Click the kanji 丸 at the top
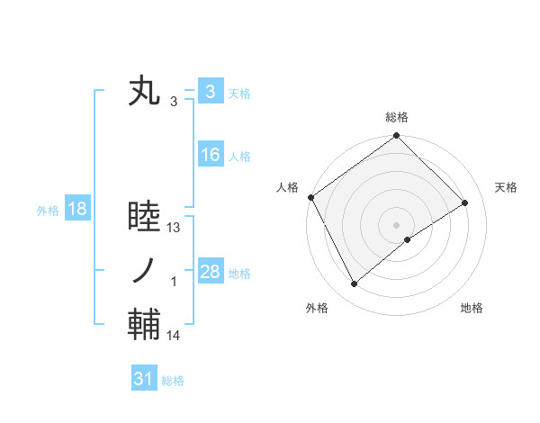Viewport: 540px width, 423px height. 144,93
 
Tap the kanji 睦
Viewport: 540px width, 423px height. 144,218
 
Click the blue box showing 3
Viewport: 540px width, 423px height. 210,92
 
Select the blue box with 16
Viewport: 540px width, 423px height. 210,155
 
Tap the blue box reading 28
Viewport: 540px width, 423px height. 210,272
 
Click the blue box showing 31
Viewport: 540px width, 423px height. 144,379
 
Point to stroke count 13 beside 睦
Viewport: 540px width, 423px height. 175,228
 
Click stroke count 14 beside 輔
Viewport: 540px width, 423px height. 175,336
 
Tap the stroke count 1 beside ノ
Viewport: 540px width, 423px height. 175,282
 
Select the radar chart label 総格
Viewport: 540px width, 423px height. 397,117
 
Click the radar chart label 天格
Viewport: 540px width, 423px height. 507,187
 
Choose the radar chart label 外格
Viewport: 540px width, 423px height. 317,308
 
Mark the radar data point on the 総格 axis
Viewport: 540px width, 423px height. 397,137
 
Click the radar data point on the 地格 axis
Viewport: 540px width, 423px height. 408,239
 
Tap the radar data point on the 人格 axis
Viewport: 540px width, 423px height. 310,197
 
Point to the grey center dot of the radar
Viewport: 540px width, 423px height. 397,223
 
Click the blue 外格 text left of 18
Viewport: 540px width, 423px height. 48,211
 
